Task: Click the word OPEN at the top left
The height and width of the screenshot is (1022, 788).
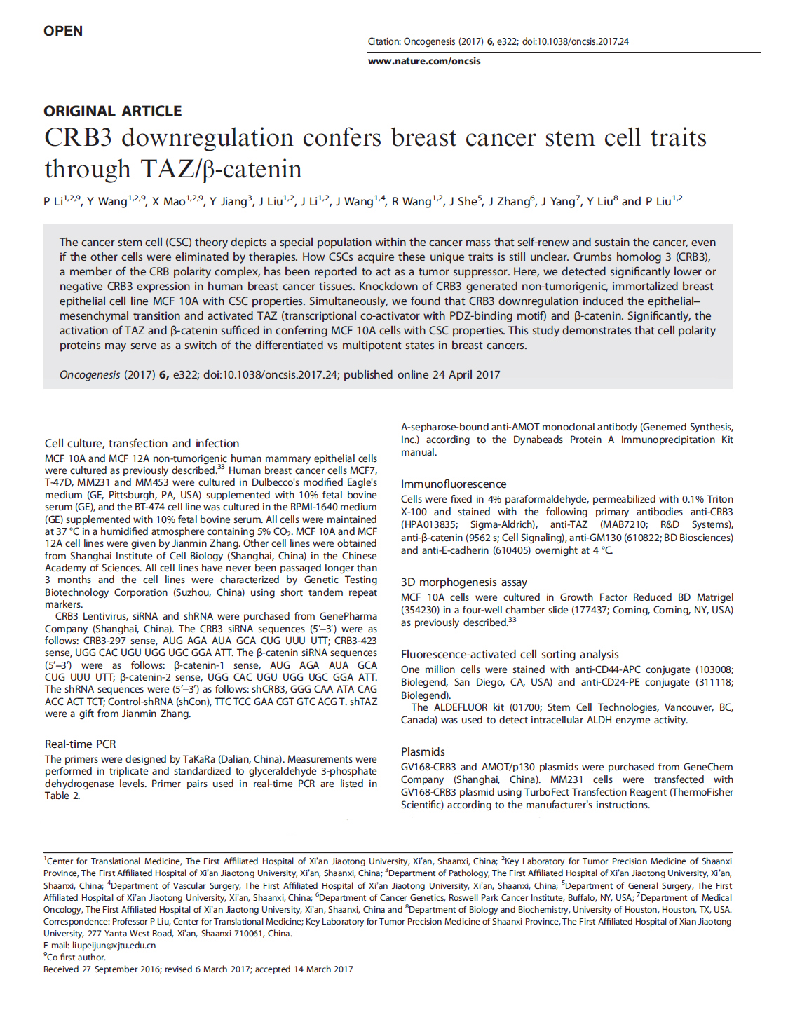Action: [x=63, y=31]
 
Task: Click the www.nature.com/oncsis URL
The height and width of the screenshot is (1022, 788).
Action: [x=424, y=61]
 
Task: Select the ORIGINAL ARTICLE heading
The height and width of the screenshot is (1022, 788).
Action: [x=112, y=111]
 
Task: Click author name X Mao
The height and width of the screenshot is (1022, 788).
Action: [x=168, y=202]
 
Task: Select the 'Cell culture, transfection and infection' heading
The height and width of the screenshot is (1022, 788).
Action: [x=142, y=443]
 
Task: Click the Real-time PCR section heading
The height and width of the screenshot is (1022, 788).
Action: [x=80, y=744]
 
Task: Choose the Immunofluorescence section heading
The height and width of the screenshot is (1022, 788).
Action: [x=453, y=484]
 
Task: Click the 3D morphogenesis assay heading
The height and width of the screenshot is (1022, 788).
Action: [x=463, y=582]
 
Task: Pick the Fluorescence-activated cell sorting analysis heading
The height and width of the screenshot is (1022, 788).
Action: [x=510, y=654]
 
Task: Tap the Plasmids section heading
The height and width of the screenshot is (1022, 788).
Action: [x=423, y=751]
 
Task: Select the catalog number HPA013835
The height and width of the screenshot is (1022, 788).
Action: [x=429, y=524]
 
